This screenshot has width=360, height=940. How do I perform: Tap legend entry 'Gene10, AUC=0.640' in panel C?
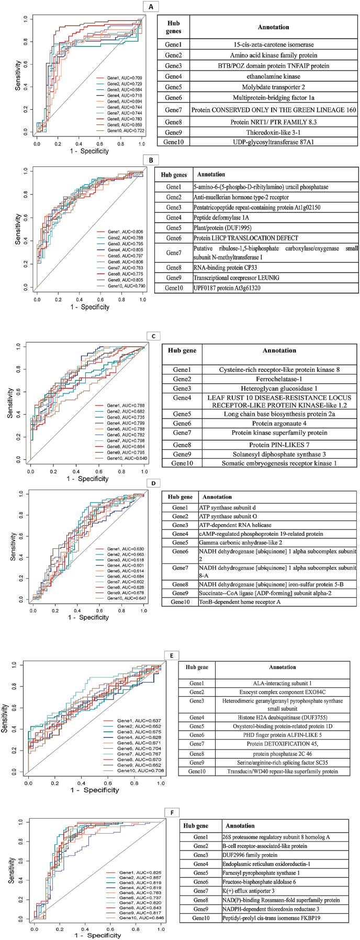point(126,458)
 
